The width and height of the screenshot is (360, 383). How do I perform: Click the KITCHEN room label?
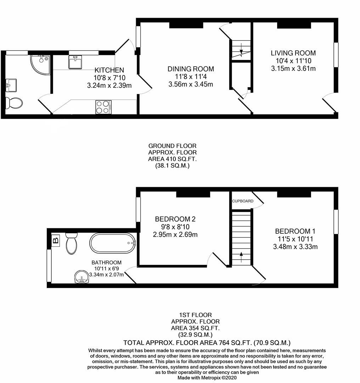[109, 70]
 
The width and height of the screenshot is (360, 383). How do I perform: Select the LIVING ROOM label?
[293, 53]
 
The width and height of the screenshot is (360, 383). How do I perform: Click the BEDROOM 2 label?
[175, 219]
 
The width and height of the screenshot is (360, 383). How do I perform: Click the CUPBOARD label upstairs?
[243, 201]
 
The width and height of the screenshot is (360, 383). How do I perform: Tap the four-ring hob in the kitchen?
[103, 107]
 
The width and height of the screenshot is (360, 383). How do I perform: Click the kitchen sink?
[75, 63]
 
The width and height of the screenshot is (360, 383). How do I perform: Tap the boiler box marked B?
[56, 241]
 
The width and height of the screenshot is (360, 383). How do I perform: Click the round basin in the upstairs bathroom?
[82, 277]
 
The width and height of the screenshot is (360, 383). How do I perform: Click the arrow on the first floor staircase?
[241, 256]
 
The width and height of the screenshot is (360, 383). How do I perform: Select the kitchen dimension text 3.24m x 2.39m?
[109, 85]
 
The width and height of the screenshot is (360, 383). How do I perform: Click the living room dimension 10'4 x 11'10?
[293, 61]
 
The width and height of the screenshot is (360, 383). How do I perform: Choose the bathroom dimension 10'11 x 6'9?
[106, 268]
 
